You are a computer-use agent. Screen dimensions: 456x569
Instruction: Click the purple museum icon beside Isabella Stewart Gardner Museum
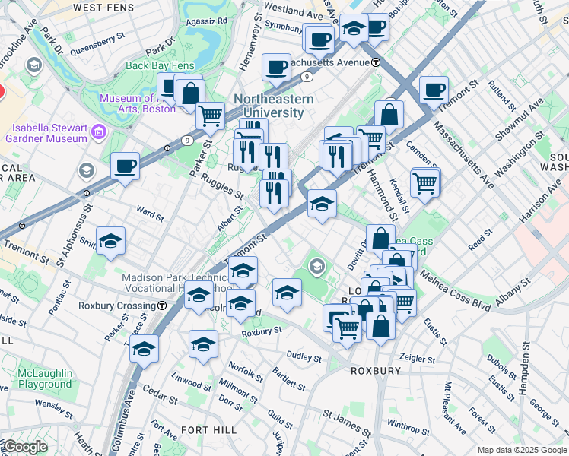coord(98,134)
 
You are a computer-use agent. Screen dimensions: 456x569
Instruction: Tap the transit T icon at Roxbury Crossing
coord(162,306)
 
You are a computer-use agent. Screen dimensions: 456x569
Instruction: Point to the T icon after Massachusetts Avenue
coord(376,62)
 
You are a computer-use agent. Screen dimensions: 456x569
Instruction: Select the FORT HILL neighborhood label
coord(209,430)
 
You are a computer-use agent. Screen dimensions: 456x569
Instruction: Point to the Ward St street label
coord(150,213)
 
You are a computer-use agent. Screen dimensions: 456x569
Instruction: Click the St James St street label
coord(347,419)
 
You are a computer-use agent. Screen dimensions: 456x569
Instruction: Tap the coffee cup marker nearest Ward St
coord(125,165)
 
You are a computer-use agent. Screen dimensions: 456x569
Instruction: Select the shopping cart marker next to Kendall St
coord(425,182)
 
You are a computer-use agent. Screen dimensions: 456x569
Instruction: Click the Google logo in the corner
coord(24,447)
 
